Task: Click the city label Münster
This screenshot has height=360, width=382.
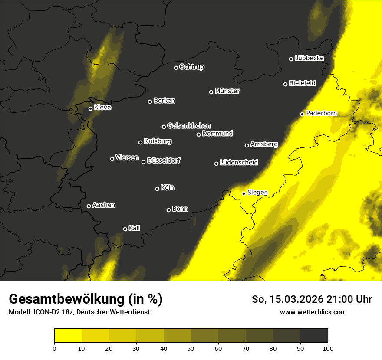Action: click(227, 91)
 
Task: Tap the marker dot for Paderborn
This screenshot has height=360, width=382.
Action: click(303, 114)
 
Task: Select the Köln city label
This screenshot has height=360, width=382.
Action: click(168, 188)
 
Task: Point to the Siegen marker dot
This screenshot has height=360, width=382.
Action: click(244, 193)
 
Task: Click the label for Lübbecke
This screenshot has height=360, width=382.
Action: click(309, 58)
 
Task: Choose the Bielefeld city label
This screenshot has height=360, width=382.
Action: click(302, 83)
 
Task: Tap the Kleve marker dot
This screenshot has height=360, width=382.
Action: click(91, 108)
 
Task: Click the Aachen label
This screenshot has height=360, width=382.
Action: click(104, 205)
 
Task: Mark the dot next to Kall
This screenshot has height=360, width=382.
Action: click(125, 229)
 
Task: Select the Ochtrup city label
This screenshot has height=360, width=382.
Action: click(191, 67)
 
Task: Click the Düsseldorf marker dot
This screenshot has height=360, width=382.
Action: click(144, 162)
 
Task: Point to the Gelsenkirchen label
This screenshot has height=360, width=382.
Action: click(189, 126)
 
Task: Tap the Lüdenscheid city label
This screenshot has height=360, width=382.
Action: click(239, 163)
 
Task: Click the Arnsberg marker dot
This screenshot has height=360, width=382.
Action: click(247, 145)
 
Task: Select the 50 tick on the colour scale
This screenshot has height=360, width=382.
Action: click(191, 348)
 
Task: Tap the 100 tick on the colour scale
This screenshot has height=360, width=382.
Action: click(328, 348)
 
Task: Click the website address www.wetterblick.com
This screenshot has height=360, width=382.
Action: click(313, 312)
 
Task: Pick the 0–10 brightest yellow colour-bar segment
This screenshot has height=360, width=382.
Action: click(68, 335)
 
